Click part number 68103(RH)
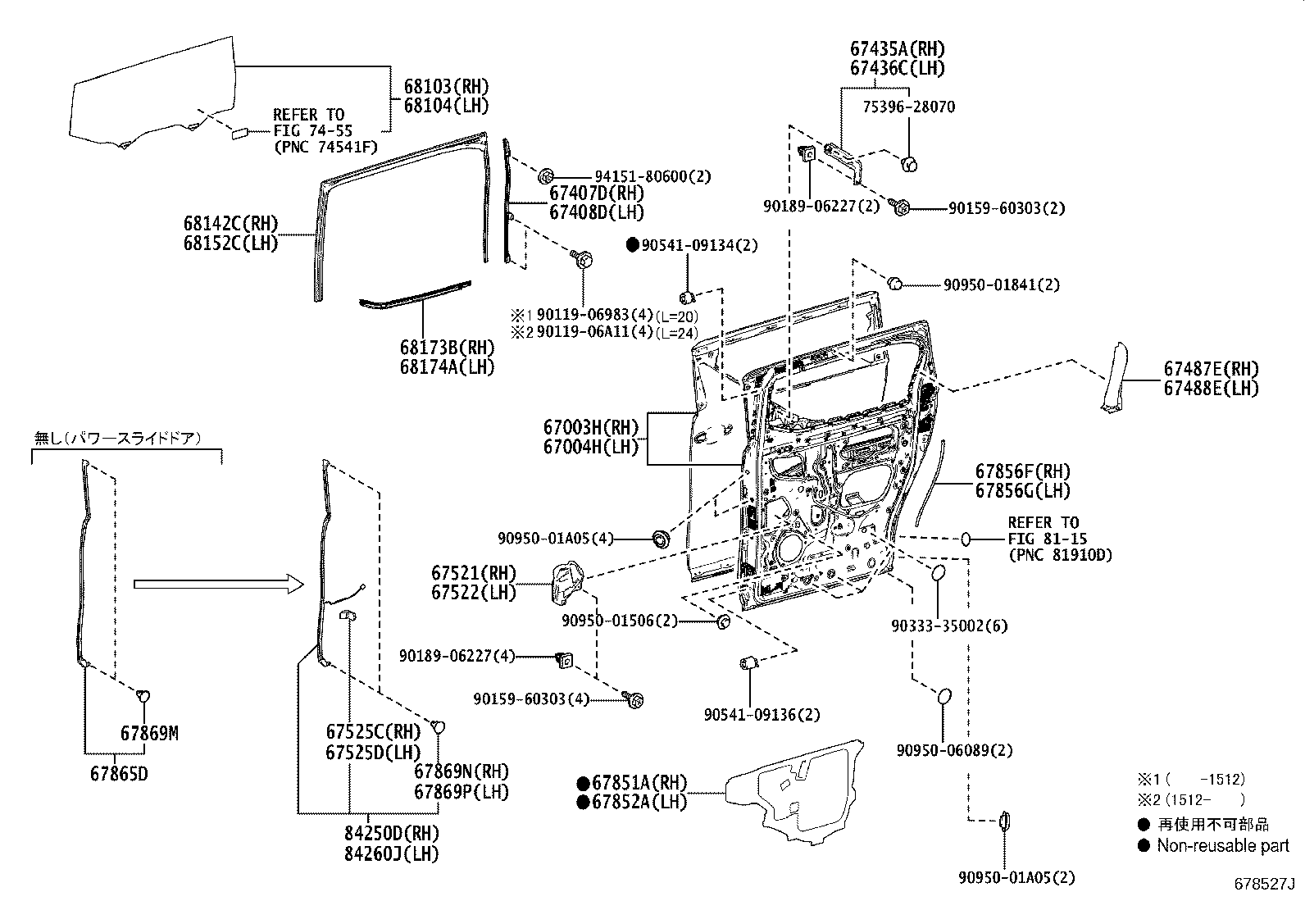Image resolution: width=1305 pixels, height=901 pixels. tap(445, 86)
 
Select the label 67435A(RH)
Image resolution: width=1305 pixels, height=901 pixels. tap(897, 49)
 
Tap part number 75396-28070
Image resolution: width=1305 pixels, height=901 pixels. tap(908, 107)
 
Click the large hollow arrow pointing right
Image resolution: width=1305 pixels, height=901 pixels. tap(217, 583)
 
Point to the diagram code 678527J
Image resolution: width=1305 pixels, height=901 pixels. tap(1264, 884)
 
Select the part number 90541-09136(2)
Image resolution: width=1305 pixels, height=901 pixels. tap(762, 715)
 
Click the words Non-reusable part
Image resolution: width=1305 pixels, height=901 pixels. tap(1222, 845)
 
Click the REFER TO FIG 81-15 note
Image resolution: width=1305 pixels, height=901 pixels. tap(1059, 539)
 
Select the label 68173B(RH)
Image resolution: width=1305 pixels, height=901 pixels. tap(448, 348)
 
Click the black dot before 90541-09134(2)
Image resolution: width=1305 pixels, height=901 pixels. tap(632, 244)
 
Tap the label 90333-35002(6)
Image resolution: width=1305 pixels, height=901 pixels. tap(950, 626)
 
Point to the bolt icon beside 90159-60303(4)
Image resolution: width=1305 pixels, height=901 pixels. tap(634, 699)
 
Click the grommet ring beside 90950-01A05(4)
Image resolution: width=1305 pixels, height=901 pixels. tap(657, 539)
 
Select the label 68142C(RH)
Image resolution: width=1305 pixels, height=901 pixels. tap(231, 224)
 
